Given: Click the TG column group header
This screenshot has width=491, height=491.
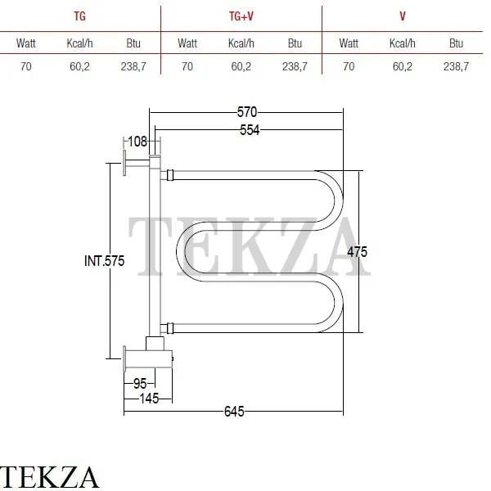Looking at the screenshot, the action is click(80, 16).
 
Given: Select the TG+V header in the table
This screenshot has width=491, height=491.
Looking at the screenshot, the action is click(241, 16).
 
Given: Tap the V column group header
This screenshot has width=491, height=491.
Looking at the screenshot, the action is click(403, 16).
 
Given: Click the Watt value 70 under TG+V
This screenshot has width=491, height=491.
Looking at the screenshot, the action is click(187, 66).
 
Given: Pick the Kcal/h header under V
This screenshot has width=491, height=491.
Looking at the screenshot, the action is click(403, 43).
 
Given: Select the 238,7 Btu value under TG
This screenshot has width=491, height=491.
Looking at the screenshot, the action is click(133, 66).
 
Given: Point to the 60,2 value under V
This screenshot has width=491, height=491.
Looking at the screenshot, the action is click(403, 66).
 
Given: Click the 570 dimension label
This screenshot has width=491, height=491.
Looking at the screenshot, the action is click(247, 112).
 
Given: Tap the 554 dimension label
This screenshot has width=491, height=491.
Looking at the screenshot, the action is click(250, 130).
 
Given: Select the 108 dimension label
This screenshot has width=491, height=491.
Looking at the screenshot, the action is click(137, 142).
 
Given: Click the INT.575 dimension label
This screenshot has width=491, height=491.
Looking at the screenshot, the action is click(104, 261).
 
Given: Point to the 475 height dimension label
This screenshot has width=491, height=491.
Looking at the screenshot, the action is click(357, 252).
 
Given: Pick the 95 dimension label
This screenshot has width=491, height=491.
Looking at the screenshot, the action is click(140, 384).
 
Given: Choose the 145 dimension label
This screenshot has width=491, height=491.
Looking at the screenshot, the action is click(149, 399).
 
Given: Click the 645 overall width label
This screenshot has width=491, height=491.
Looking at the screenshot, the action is click(234, 412).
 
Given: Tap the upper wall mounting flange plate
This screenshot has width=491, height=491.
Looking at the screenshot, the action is click(124, 163).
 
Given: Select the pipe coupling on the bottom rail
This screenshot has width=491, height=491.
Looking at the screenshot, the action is click(170, 328).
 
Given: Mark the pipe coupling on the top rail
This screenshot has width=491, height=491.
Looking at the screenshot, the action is click(170, 175).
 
